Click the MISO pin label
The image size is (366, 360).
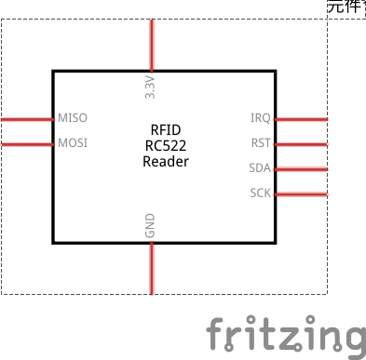click(73, 119)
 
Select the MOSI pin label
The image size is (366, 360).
click(73, 144)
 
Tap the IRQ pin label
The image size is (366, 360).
click(261, 119)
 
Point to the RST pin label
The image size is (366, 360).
click(261, 143)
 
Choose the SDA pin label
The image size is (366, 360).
click(260, 168)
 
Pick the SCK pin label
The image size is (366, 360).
click(260, 193)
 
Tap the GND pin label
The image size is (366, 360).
click(151, 226)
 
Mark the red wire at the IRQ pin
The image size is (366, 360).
click(302, 119)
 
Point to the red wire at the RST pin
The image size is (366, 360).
click(302, 144)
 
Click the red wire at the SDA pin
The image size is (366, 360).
click(302, 169)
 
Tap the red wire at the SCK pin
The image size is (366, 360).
click(302, 194)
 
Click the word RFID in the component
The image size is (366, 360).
click(166, 130)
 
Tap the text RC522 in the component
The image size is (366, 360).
click(166, 145)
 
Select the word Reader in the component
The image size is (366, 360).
click(166, 161)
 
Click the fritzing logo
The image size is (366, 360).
click(285, 335)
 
